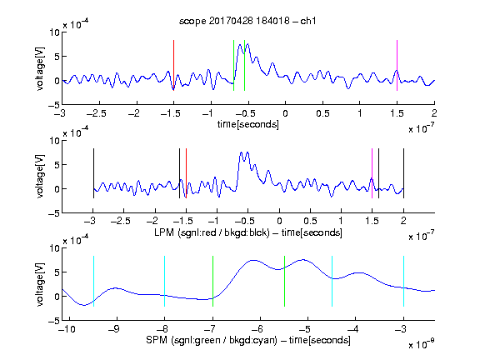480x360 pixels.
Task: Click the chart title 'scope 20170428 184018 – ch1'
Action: (x=247, y=21)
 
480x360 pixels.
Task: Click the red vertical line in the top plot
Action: (x=173, y=65)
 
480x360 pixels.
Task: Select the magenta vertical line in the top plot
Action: (x=397, y=65)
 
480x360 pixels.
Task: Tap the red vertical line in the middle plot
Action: (x=186, y=173)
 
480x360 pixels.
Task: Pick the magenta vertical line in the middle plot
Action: (x=372, y=173)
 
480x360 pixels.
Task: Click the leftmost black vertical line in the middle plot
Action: (x=93, y=173)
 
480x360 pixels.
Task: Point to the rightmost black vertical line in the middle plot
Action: (x=403, y=173)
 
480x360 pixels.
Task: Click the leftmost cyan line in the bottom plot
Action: (x=93, y=281)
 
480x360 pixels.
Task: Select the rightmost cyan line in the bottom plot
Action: (x=403, y=281)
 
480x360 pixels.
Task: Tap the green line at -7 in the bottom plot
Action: (x=212, y=281)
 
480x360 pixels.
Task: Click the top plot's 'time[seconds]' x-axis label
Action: (x=248, y=124)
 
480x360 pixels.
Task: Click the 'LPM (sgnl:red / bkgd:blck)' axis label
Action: (x=212, y=232)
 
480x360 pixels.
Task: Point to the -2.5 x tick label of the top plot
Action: (x=96, y=113)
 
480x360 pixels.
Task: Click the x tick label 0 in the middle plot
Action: (x=279, y=221)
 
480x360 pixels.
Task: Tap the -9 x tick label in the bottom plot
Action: (x=114, y=329)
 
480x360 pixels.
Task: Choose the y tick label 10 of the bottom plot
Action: (x=54, y=248)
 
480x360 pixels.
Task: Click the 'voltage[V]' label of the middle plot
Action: (x=40, y=177)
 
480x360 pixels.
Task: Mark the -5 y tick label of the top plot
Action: (x=54, y=105)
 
